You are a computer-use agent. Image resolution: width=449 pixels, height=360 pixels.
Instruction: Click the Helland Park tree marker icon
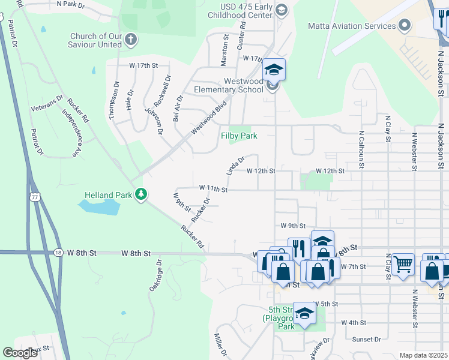141,194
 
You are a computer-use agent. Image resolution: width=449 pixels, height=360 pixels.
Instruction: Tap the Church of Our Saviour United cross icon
131,40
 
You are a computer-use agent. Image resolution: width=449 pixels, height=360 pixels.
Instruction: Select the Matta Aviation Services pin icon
405,25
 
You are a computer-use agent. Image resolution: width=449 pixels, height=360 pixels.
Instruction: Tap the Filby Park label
239,136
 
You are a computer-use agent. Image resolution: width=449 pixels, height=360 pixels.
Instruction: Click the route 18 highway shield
58,253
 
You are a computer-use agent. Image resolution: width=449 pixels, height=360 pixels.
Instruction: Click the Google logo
20,353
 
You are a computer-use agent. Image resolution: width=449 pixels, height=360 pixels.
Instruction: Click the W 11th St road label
213,189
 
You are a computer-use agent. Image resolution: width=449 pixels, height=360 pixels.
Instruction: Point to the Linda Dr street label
236,166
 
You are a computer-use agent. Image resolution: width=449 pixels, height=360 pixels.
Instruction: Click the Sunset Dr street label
366,339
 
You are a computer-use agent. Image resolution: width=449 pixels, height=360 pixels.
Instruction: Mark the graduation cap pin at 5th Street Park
305,313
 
